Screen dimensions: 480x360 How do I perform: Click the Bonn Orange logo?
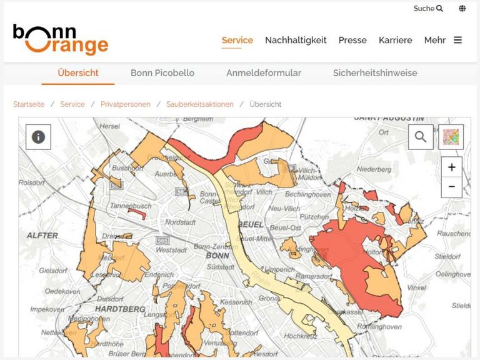61,39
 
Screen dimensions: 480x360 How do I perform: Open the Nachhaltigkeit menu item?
296,40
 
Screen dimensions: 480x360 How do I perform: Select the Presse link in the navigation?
352,40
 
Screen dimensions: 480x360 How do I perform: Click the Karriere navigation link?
396,40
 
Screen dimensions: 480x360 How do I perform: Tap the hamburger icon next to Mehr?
458,40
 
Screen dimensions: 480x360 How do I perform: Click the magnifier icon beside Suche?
439,9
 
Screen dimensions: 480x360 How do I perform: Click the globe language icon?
462,9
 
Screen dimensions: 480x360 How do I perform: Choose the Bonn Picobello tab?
162,73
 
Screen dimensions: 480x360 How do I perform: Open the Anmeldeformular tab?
264,73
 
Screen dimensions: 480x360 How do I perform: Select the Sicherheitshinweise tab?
375,73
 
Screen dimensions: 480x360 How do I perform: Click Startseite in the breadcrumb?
29,104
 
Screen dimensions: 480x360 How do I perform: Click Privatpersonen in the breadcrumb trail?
126,104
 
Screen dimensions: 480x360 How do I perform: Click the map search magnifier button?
421,137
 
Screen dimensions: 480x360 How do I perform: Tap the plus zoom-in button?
451,167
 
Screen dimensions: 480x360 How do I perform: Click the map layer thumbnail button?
451,137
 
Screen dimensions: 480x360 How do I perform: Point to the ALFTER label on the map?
42,236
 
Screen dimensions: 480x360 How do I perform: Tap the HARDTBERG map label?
120,309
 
